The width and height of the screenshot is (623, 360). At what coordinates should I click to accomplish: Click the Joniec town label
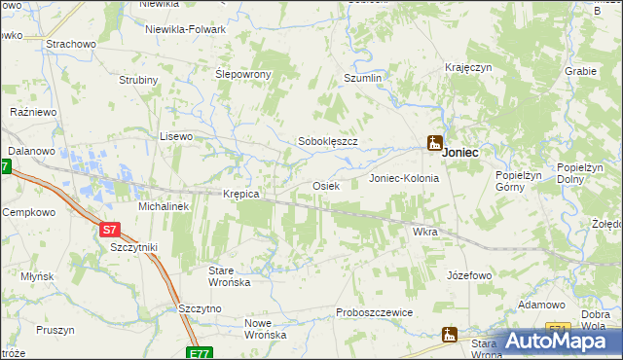[x=459, y=153]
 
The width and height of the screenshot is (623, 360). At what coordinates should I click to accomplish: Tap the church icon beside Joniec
[x=435, y=143]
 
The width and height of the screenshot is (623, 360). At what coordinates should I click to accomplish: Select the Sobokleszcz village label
[x=328, y=141]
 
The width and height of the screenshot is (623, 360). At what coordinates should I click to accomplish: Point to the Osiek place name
[x=325, y=185]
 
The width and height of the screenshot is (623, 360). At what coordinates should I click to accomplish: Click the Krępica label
[x=241, y=194]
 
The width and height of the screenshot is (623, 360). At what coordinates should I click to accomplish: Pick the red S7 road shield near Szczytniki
[x=110, y=230]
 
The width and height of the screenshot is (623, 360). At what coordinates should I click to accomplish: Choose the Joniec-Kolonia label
[x=404, y=179]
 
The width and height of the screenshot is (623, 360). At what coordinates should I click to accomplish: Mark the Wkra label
[x=425, y=233]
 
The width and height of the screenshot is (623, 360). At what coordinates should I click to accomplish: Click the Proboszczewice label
[x=375, y=312]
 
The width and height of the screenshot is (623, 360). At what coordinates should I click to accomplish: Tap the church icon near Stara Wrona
[x=449, y=335]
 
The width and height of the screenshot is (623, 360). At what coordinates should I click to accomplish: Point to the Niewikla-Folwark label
[x=185, y=29]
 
